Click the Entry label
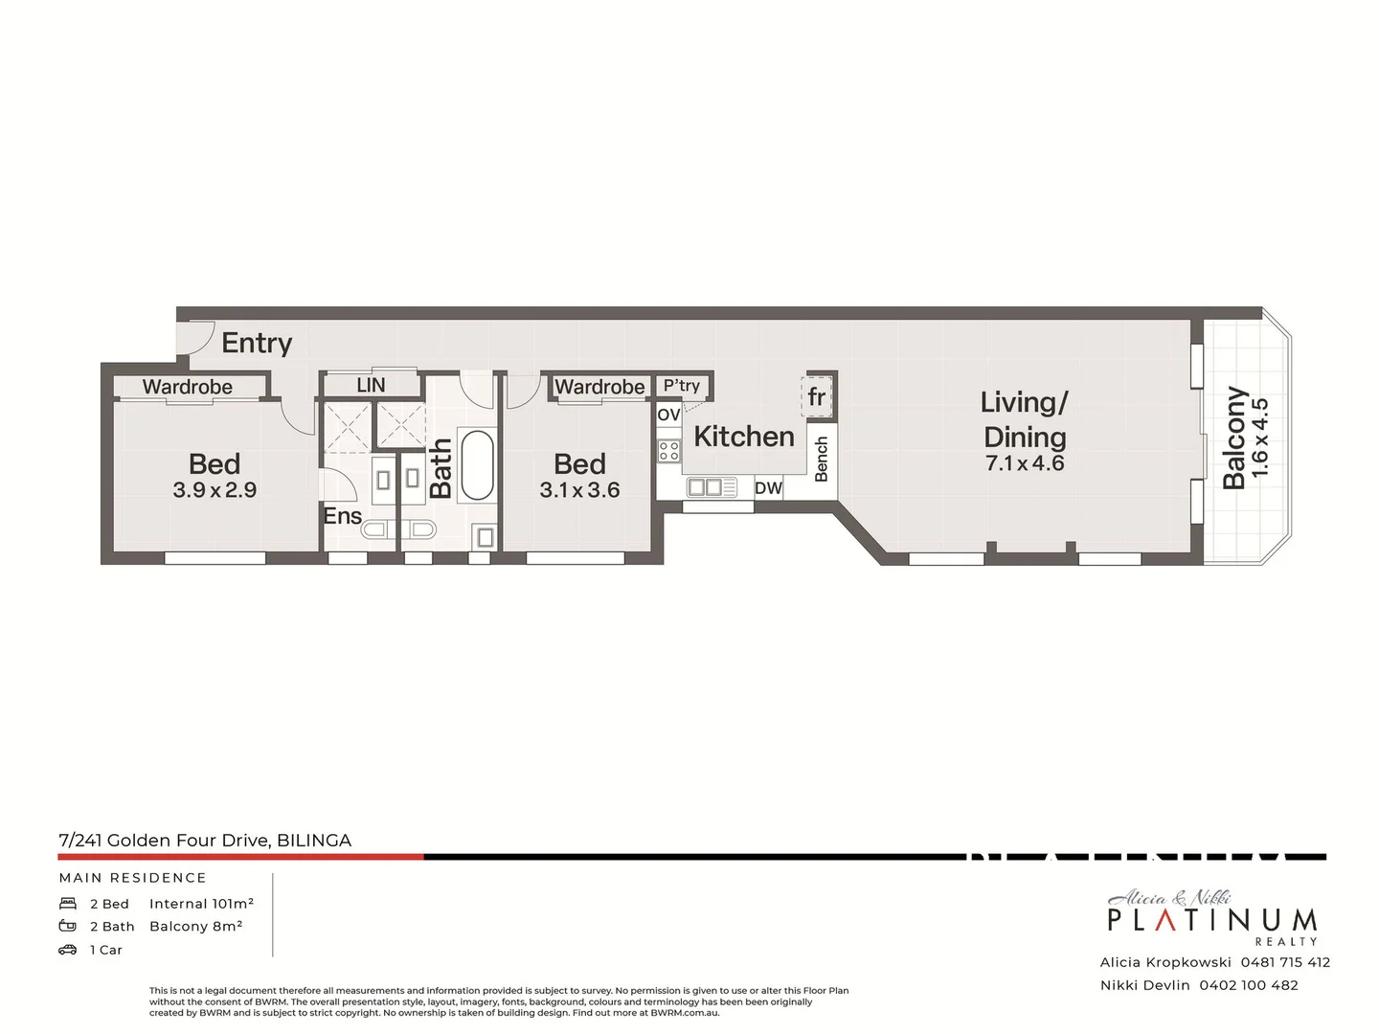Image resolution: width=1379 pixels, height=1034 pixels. pyautogui.click(x=256, y=343)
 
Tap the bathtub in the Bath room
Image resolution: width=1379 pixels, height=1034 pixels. pyautogui.click(x=477, y=465)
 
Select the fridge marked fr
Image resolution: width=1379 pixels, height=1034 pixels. pyautogui.click(x=817, y=396)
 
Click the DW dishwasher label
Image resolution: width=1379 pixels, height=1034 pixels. pyautogui.click(x=768, y=488)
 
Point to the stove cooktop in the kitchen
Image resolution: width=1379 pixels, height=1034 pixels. pyautogui.click(x=668, y=450)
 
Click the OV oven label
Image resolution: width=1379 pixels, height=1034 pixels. pyautogui.click(x=668, y=415)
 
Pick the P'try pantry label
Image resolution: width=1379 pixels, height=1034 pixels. pyautogui.click(x=682, y=386)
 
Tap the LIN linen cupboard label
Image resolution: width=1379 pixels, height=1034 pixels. pyautogui.click(x=371, y=385)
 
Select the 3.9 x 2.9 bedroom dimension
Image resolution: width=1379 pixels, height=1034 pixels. pyautogui.click(x=215, y=490)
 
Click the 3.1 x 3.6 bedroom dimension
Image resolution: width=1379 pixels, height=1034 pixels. pyautogui.click(x=579, y=490)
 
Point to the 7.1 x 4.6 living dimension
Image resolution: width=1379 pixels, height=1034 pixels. pyautogui.click(x=1024, y=463)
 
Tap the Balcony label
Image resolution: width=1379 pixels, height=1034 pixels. pyautogui.click(x=1235, y=438)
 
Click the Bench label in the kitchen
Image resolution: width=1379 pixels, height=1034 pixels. pyautogui.click(x=821, y=460)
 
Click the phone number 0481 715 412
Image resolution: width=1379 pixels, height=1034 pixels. pyautogui.click(x=1285, y=962)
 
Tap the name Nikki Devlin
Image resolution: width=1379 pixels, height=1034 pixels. pyautogui.click(x=1144, y=985)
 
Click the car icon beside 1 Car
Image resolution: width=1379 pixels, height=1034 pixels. pyautogui.click(x=68, y=950)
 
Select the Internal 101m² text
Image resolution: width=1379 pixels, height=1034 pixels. pyautogui.click(x=201, y=904)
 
